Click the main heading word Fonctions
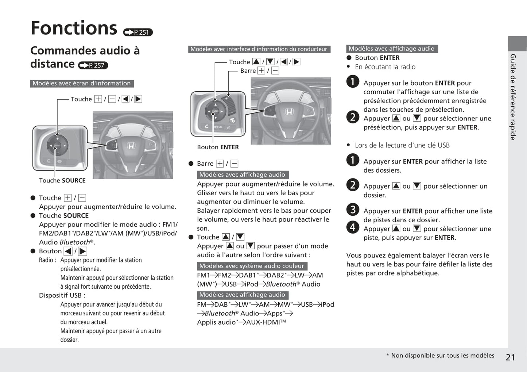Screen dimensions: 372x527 tap(74, 28)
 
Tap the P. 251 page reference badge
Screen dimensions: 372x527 tap(138, 32)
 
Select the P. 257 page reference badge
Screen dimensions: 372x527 tap(93, 66)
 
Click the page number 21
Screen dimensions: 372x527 tap(510, 357)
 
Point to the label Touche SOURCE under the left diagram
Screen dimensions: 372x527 tap(62, 180)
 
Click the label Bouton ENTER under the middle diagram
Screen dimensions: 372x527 tap(218, 147)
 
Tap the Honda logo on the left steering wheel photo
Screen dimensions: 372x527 tap(131, 146)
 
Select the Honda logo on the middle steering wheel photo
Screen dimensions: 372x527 tap(289, 112)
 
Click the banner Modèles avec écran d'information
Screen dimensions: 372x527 tap(82, 84)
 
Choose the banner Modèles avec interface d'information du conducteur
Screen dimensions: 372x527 tap(259, 49)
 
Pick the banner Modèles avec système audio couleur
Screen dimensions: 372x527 tap(252, 266)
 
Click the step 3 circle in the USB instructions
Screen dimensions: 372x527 tap(353, 210)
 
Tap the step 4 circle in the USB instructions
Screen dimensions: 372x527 tap(353, 227)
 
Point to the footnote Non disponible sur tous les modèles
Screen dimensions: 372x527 tap(442, 356)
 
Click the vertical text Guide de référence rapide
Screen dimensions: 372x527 tap(513, 97)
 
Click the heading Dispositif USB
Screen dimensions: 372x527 tap(62, 295)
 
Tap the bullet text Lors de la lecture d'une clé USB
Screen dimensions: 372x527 tap(402, 145)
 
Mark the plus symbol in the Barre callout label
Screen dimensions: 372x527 tap(261, 71)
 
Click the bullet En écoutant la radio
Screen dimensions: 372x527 tap(385, 67)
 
